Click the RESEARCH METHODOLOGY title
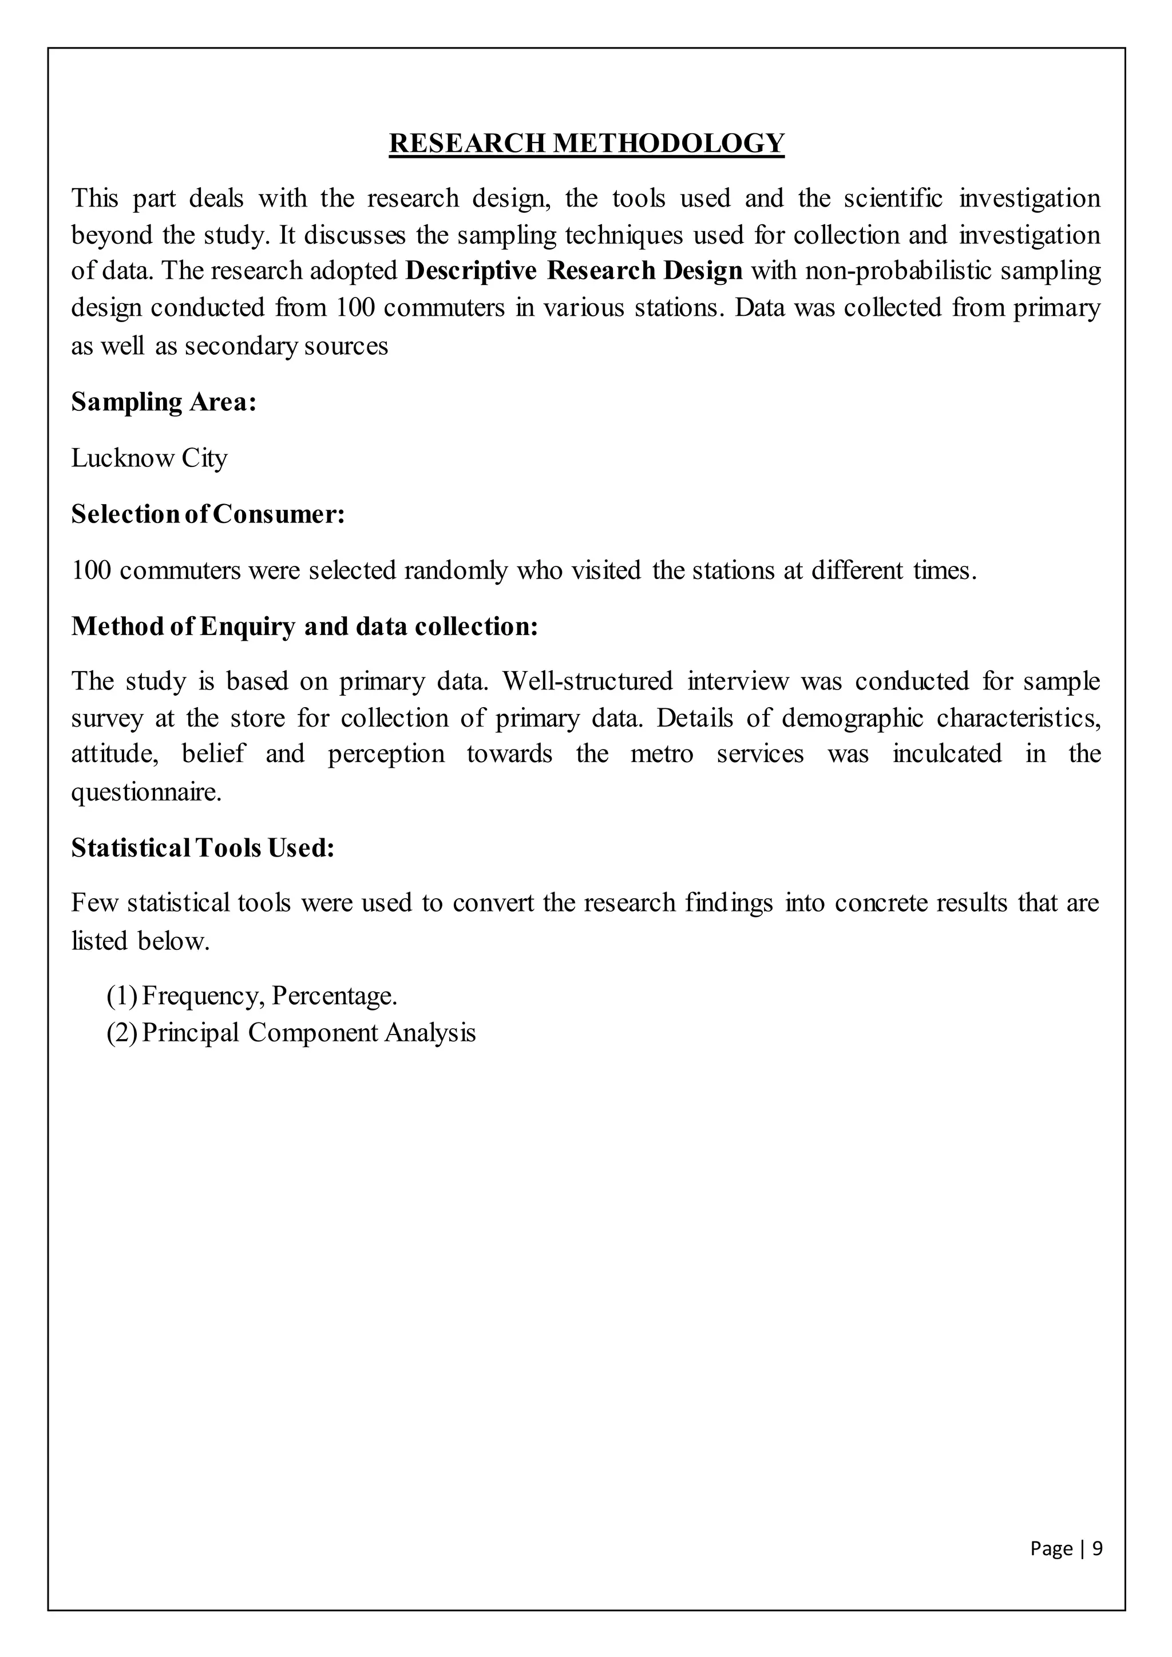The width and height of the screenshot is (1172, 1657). (586, 143)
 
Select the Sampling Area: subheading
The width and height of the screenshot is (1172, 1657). (164, 402)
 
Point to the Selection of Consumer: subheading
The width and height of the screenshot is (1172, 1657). (208, 514)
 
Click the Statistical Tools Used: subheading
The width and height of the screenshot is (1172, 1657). (203, 847)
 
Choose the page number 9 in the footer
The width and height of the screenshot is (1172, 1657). (1097, 1549)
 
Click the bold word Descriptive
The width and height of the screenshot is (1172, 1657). (471, 271)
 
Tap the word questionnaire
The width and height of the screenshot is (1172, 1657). (146, 792)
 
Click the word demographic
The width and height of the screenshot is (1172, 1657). (852, 718)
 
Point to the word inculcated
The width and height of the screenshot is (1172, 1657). (946, 754)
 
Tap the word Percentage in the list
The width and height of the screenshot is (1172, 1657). (334, 996)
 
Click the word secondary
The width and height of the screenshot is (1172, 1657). (240, 346)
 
